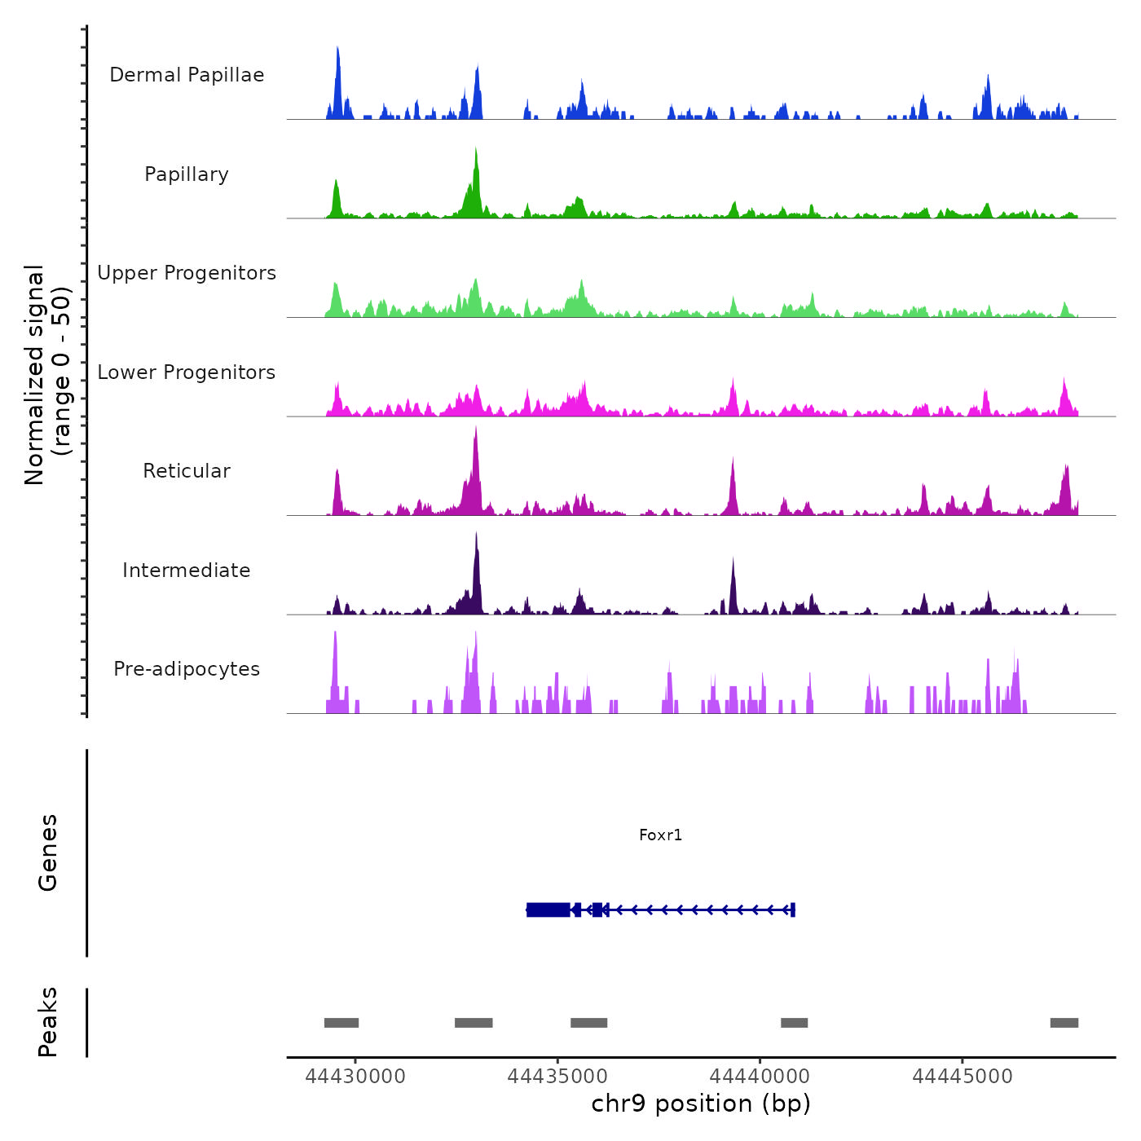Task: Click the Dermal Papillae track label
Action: [x=187, y=75]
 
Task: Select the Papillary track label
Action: [x=187, y=174]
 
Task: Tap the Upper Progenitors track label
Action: [x=187, y=273]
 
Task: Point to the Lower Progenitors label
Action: [x=187, y=372]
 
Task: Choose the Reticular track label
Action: [x=187, y=471]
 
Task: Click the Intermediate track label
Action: [x=187, y=570]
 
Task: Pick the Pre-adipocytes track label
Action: [x=187, y=669]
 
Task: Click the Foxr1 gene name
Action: [x=660, y=835]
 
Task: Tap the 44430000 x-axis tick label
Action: [x=355, y=1076]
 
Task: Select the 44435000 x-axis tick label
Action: [x=557, y=1076]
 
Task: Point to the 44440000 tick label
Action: [x=760, y=1076]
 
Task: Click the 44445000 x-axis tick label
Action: [x=962, y=1076]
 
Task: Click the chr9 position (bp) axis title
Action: [x=701, y=1104]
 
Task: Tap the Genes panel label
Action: [x=48, y=852]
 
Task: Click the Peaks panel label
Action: [x=48, y=1022]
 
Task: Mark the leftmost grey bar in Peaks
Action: [x=341, y=1023]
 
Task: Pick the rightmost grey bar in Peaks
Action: [x=1064, y=1023]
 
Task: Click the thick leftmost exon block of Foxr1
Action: [x=548, y=910]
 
